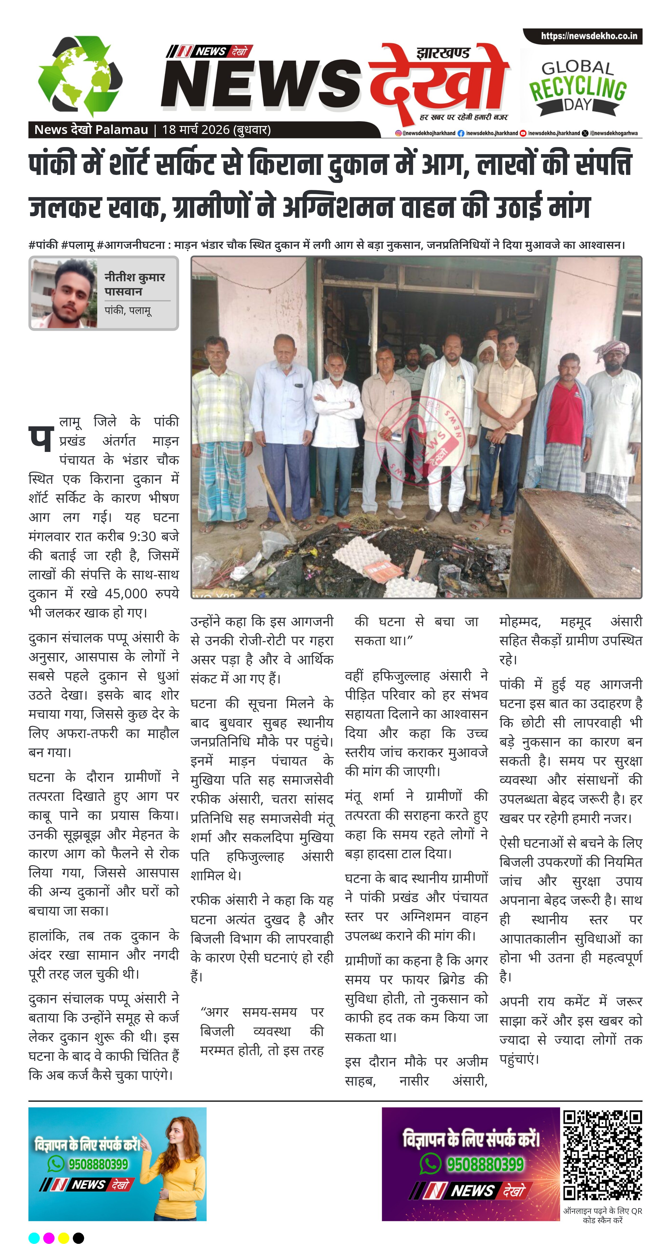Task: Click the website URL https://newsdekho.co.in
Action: (x=589, y=36)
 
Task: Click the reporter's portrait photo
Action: (x=64, y=293)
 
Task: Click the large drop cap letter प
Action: (x=41, y=437)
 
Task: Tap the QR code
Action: (x=602, y=1154)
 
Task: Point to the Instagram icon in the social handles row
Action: (x=398, y=133)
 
